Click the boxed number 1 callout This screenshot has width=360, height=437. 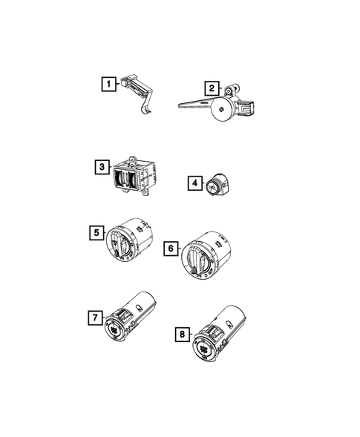(108, 84)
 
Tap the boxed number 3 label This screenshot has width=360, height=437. (102, 167)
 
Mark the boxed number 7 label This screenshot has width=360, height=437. (94, 318)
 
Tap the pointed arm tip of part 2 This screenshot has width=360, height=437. (181, 105)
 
